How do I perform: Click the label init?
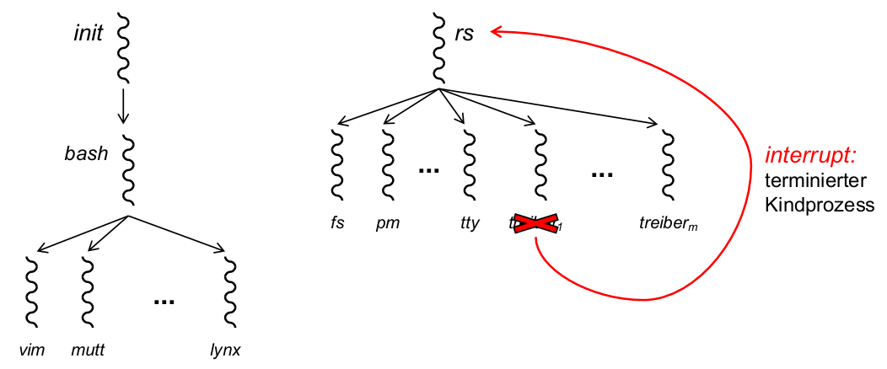pyautogui.click(x=88, y=35)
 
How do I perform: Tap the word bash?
pyautogui.click(x=88, y=154)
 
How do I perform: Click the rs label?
pyautogui.click(x=465, y=34)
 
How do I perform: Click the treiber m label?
pyautogui.click(x=669, y=224)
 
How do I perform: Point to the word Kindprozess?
pyautogui.click(x=819, y=203)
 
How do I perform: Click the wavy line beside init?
pyautogui.click(x=123, y=48)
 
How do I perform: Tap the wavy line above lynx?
pyautogui.click(x=229, y=291)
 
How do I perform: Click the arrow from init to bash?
pyautogui.click(x=123, y=105)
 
